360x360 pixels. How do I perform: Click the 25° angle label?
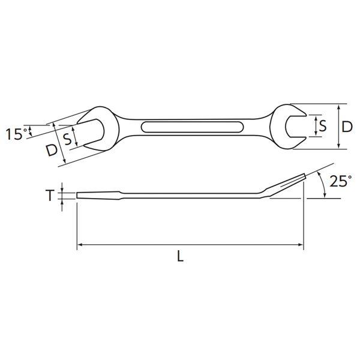[341, 181]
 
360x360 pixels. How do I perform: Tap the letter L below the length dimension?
[181, 256]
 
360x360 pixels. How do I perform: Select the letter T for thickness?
[50, 196]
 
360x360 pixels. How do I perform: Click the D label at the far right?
[347, 127]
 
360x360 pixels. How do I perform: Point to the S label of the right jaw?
[323, 126]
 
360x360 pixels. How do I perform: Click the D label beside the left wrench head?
[52, 151]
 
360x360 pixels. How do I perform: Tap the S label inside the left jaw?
[67, 139]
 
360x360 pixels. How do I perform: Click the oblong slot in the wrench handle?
[192, 127]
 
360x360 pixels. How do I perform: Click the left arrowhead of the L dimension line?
[79, 245]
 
